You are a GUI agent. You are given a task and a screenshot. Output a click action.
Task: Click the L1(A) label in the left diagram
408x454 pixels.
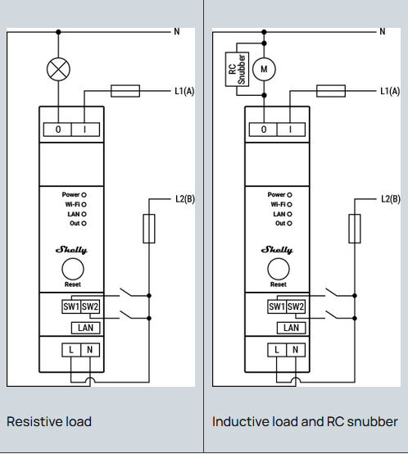click(184, 91)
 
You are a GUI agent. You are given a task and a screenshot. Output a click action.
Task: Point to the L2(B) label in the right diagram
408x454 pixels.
click(391, 199)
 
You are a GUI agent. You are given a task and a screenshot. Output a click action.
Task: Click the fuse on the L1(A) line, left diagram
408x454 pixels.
click(125, 91)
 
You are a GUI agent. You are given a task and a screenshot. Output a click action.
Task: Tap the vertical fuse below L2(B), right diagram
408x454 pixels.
click(355, 229)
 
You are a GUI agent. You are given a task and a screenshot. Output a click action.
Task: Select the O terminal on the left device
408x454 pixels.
click(57, 129)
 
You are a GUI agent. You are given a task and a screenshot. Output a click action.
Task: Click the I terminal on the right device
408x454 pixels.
click(291, 129)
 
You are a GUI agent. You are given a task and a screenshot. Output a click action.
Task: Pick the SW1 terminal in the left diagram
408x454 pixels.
click(71, 306)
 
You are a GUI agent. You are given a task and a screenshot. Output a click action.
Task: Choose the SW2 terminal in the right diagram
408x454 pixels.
click(296, 306)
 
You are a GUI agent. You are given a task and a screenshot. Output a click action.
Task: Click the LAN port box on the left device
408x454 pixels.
click(86, 328)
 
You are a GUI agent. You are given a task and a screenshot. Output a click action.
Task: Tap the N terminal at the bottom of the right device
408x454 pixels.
click(296, 350)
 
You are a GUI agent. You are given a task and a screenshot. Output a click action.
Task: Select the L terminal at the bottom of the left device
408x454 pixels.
click(71, 350)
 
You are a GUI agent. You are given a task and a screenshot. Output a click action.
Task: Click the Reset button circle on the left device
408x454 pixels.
click(73, 270)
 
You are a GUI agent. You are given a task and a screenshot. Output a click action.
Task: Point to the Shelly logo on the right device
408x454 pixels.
click(277, 250)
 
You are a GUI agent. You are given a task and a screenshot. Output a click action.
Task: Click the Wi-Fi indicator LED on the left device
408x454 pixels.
click(84, 204)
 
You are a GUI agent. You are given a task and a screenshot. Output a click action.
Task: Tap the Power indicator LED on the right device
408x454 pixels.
click(289, 195)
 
